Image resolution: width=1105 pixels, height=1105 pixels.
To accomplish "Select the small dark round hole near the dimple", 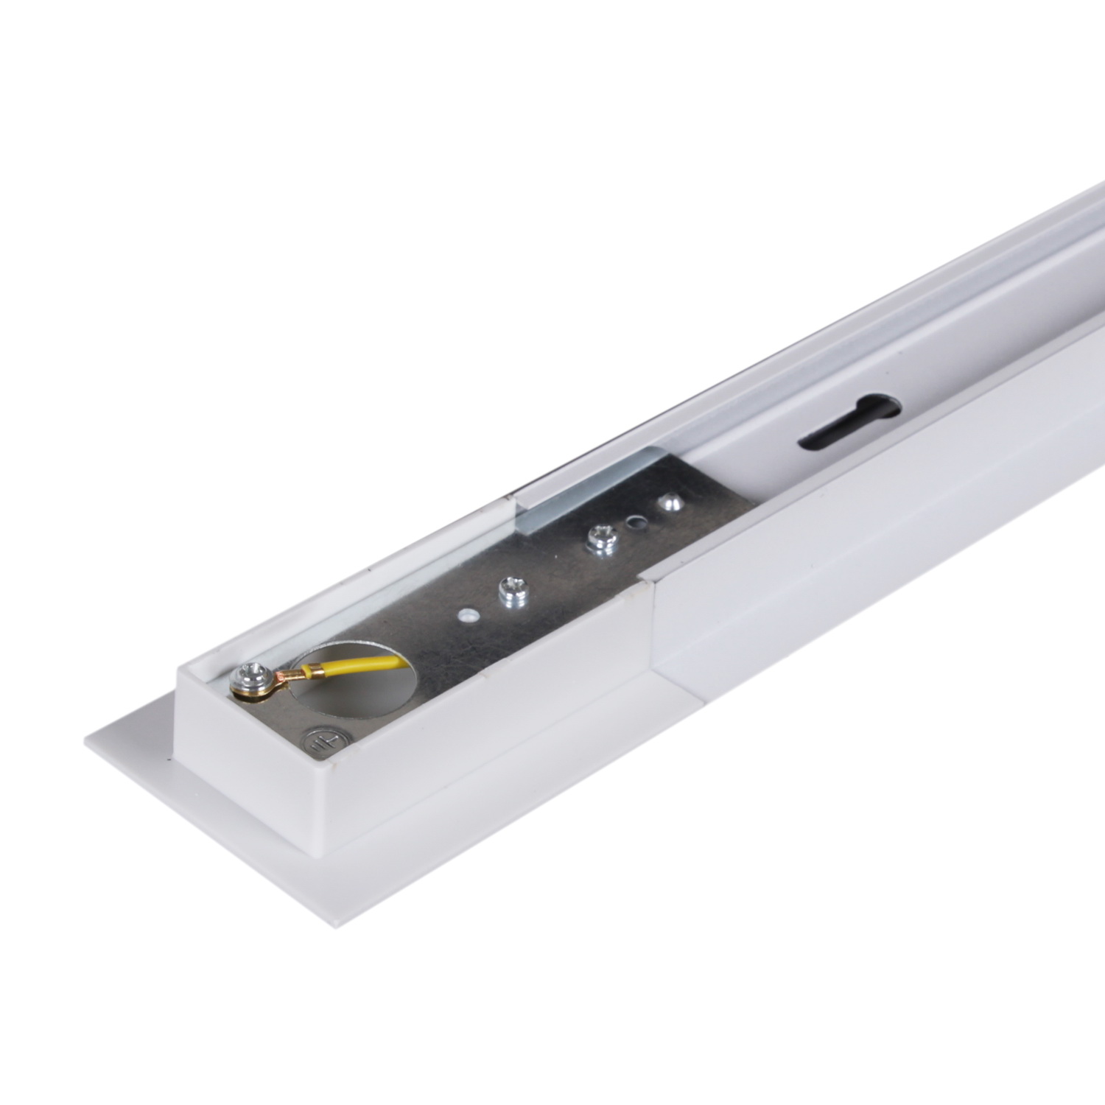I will [x=634, y=522].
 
